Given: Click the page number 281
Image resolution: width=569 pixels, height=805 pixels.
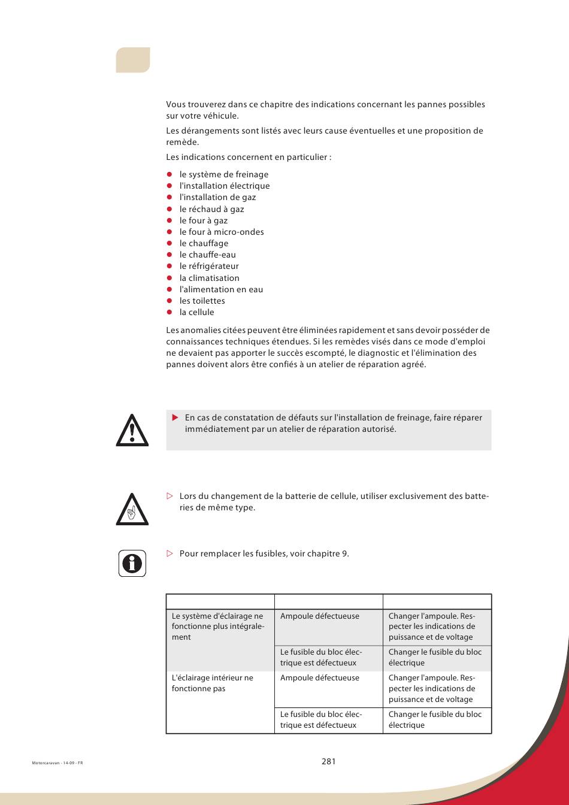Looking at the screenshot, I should tap(328, 761).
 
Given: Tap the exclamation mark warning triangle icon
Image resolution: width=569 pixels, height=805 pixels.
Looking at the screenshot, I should tap(132, 430).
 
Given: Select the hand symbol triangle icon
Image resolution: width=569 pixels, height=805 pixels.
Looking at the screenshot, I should tap(132, 510).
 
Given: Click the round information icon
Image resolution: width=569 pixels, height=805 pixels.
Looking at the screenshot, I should tap(132, 563).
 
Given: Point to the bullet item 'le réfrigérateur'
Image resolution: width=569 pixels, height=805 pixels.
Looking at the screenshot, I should tap(209, 266).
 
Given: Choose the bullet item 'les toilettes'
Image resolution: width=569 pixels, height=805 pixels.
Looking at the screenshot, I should tap(202, 301).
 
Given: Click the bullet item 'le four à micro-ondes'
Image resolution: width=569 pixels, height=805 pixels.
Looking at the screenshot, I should tap(222, 232).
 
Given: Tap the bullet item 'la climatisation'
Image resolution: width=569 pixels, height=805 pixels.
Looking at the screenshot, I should tap(209, 278).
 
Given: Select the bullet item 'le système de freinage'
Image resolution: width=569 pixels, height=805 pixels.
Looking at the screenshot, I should tap(224, 174).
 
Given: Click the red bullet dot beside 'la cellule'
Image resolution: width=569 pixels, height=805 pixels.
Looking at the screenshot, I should tap(170, 313).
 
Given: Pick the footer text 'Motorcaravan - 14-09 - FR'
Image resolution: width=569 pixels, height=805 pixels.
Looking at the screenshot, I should tap(57, 763).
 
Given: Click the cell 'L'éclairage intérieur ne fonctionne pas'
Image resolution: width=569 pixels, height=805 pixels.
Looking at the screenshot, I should tap(213, 683).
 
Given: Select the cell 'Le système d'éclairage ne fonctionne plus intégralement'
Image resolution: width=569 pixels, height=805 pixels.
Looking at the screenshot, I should tap(217, 626).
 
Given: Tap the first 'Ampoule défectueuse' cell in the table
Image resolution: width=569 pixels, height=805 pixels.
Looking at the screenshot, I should tap(320, 616).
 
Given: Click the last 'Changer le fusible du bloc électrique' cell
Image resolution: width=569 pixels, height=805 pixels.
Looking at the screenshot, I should tap(435, 719).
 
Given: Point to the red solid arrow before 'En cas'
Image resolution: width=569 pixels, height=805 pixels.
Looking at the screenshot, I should tap(175, 417).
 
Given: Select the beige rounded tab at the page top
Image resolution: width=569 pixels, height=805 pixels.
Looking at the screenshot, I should tap(133, 60).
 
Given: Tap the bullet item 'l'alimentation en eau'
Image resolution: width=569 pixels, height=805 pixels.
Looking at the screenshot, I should tap(221, 289).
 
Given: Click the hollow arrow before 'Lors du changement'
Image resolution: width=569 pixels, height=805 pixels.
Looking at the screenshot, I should tap(170, 496).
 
